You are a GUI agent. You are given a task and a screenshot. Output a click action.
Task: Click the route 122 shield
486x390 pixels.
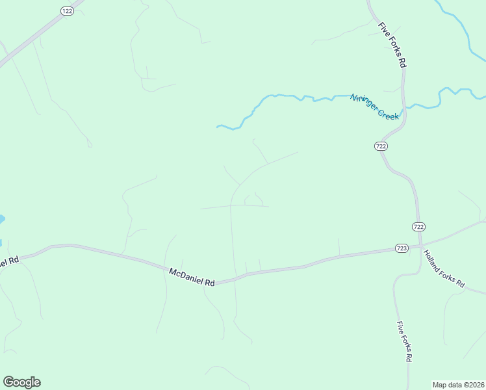coord(67,11)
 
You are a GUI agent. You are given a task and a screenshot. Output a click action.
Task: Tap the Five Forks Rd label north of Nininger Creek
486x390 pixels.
coord(392,45)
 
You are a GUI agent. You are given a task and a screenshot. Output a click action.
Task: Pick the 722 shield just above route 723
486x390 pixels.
coord(418,226)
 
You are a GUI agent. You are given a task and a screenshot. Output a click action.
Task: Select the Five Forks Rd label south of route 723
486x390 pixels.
coord(403,341)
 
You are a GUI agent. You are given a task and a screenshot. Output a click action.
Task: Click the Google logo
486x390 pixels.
coord(21,382)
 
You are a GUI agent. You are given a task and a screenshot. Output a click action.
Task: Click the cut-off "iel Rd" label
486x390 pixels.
coord(9,261)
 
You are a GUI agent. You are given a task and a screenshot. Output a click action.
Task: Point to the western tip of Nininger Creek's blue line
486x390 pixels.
coord(218,125)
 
